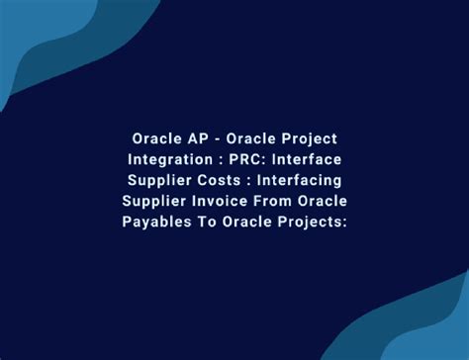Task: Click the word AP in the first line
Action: (191, 137)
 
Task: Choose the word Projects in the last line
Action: (312, 221)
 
